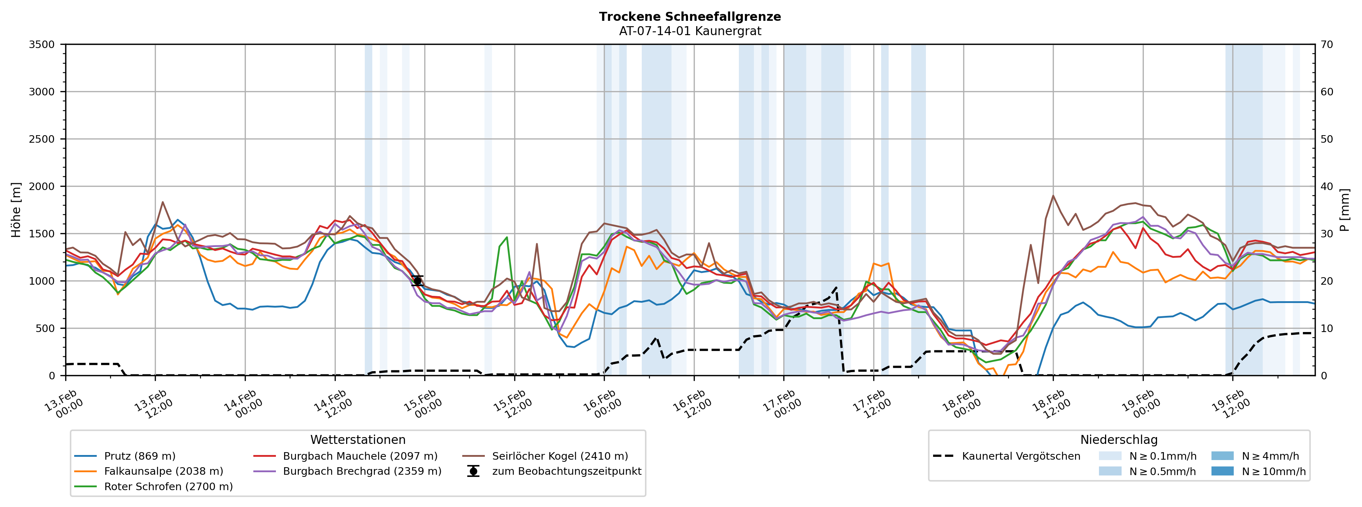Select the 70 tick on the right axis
point(1327,44)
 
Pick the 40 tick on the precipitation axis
point(1327,186)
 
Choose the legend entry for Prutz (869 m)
point(140,456)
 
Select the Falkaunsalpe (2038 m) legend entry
point(163,472)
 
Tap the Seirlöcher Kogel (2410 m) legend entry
point(560,456)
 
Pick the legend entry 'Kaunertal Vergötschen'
point(1021,456)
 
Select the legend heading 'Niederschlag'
point(1119,440)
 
